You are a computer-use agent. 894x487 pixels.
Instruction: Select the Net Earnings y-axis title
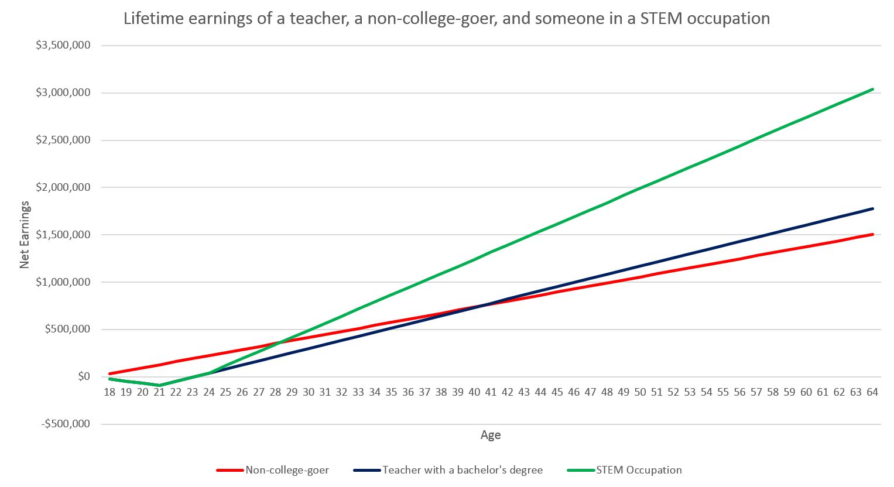point(25,235)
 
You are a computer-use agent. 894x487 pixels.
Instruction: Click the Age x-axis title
point(491,435)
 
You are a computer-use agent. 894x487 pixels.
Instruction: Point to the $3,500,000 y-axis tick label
point(63,45)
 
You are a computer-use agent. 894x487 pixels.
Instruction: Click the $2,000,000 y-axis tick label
point(63,187)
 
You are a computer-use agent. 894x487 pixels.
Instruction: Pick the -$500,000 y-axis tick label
point(66,424)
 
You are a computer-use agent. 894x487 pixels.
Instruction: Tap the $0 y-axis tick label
point(84,376)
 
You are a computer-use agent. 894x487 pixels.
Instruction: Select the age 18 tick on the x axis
point(109,392)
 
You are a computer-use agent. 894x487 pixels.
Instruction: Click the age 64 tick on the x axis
point(872,392)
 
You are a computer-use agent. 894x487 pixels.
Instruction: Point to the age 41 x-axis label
point(491,392)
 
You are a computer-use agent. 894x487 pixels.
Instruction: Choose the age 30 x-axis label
point(309,392)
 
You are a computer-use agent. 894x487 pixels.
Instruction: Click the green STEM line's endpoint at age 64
point(872,89)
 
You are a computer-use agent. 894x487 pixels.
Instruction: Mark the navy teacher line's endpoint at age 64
point(872,208)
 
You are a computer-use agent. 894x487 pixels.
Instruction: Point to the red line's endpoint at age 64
point(872,234)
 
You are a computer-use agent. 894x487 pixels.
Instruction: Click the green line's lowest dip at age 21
point(159,386)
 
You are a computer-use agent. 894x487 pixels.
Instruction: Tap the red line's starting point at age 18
point(109,373)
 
